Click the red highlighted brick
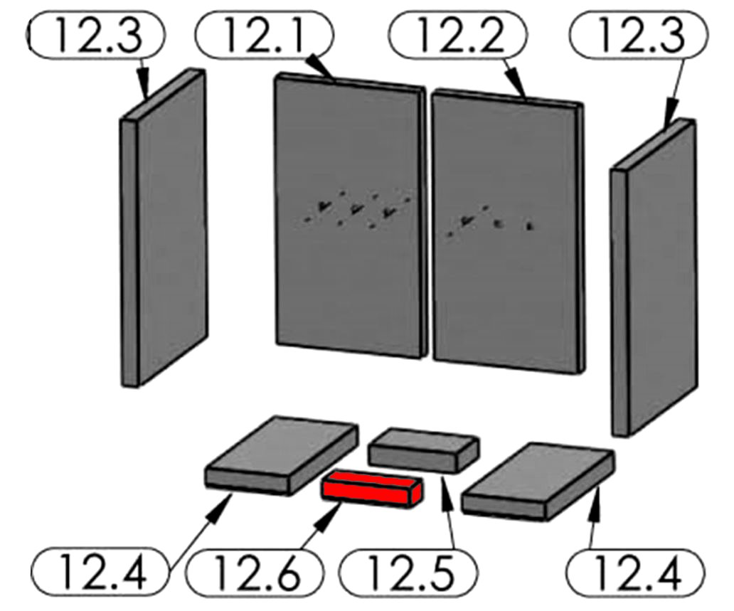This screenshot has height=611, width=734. [x=372, y=489]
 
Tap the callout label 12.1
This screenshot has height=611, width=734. [x=264, y=35]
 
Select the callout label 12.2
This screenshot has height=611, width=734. [x=457, y=35]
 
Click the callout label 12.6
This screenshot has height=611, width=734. [x=254, y=572]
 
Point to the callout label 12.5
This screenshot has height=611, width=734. [x=408, y=572]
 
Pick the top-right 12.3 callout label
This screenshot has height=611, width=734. [x=639, y=35]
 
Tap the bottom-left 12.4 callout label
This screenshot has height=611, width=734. [x=100, y=572]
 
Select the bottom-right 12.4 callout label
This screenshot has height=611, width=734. [x=635, y=572]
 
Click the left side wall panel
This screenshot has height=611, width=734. [x=164, y=228]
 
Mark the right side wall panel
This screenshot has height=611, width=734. [x=654, y=277]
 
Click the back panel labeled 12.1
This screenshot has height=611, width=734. [x=350, y=216]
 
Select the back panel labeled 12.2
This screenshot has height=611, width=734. [x=508, y=231]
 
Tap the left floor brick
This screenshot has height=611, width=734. [x=282, y=455]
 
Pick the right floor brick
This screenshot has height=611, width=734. [x=538, y=482]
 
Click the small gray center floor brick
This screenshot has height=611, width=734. [x=424, y=450]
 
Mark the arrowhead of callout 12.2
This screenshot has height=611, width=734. [x=517, y=83]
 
